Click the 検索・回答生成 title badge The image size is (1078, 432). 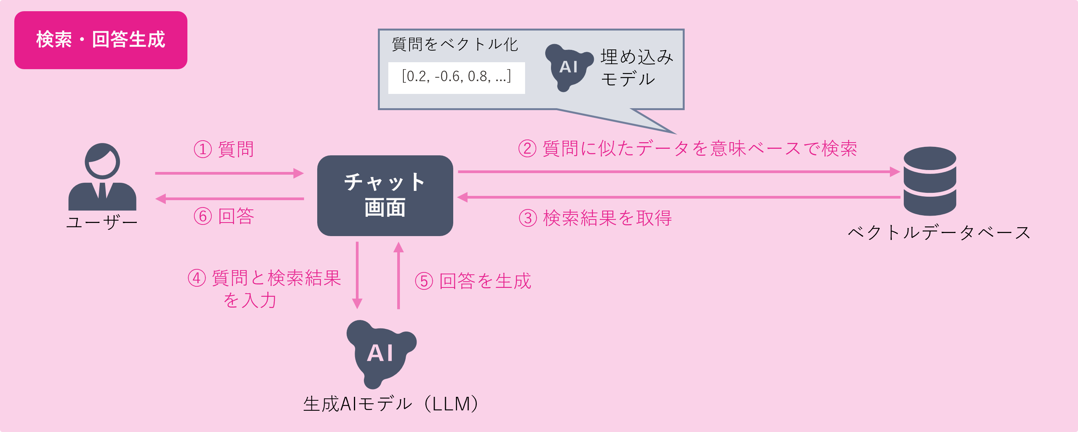tap(100, 40)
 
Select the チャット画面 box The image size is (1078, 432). tap(385, 196)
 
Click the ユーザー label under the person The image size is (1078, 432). tap(102, 222)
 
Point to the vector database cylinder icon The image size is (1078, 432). tap(930, 181)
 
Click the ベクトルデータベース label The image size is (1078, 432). tap(939, 232)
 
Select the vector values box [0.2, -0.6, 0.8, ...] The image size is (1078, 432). tap(456, 77)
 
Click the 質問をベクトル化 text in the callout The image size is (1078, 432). tap(455, 44)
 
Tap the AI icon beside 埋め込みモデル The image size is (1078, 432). tap(568, 67)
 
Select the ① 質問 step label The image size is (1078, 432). tap(224, 150)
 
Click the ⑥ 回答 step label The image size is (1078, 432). tap(224, 216)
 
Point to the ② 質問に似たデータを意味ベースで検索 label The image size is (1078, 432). tap(687, 149)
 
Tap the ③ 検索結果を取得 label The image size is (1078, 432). tap(595, 218)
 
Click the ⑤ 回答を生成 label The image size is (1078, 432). tap(473, 281)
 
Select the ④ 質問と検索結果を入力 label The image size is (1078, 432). tap(265, 289)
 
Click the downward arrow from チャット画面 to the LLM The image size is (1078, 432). tap(357, 275)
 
